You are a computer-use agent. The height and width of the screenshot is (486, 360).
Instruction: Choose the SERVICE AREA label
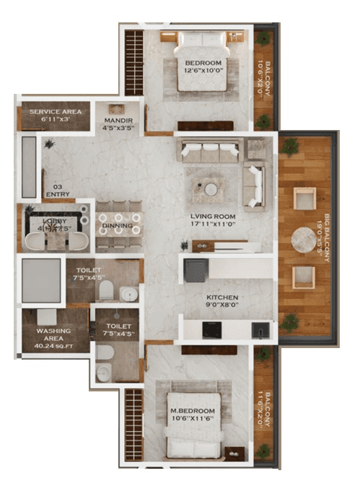(x=54, y=115)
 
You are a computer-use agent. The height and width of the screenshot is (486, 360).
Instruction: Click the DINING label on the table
(x=116, y=225)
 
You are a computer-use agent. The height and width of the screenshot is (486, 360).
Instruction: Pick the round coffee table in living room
(x=211, y=189)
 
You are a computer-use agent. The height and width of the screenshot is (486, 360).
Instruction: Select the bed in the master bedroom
(x=193, y=426)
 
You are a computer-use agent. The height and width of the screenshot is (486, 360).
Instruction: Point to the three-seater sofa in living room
(x=210, y=151)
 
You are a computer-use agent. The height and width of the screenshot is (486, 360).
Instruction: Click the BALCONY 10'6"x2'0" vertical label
(x=264, y=72)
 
